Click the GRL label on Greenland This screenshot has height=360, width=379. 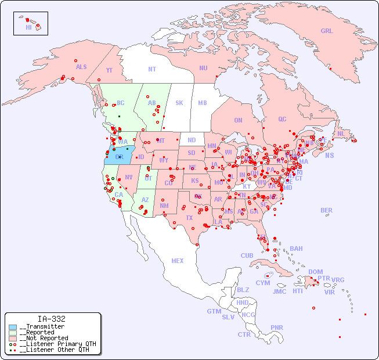point(327,31)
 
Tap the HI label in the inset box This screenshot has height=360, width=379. point(28,27)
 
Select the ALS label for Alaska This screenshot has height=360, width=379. point(81,67)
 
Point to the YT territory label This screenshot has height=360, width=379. point(109,70)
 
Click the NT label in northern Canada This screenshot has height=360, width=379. point(151,69)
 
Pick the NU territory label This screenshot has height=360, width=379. point(203,68)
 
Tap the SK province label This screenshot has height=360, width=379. point(179,103)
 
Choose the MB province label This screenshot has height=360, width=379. point(202,103)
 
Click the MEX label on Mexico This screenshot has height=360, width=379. point(178,261)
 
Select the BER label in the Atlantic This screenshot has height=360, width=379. point(327,210)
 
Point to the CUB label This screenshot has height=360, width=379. point(247,255)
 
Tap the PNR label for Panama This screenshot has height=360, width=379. point(277,327)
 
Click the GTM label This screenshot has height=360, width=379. point(214,311)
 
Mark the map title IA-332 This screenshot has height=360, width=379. point(52,319)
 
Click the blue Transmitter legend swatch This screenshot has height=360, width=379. point(13,327)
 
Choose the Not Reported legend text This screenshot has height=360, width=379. point(44,338)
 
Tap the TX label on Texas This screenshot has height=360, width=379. point(189,218)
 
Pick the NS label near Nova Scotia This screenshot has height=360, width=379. point(329,155)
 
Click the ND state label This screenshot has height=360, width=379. point(192,140)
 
